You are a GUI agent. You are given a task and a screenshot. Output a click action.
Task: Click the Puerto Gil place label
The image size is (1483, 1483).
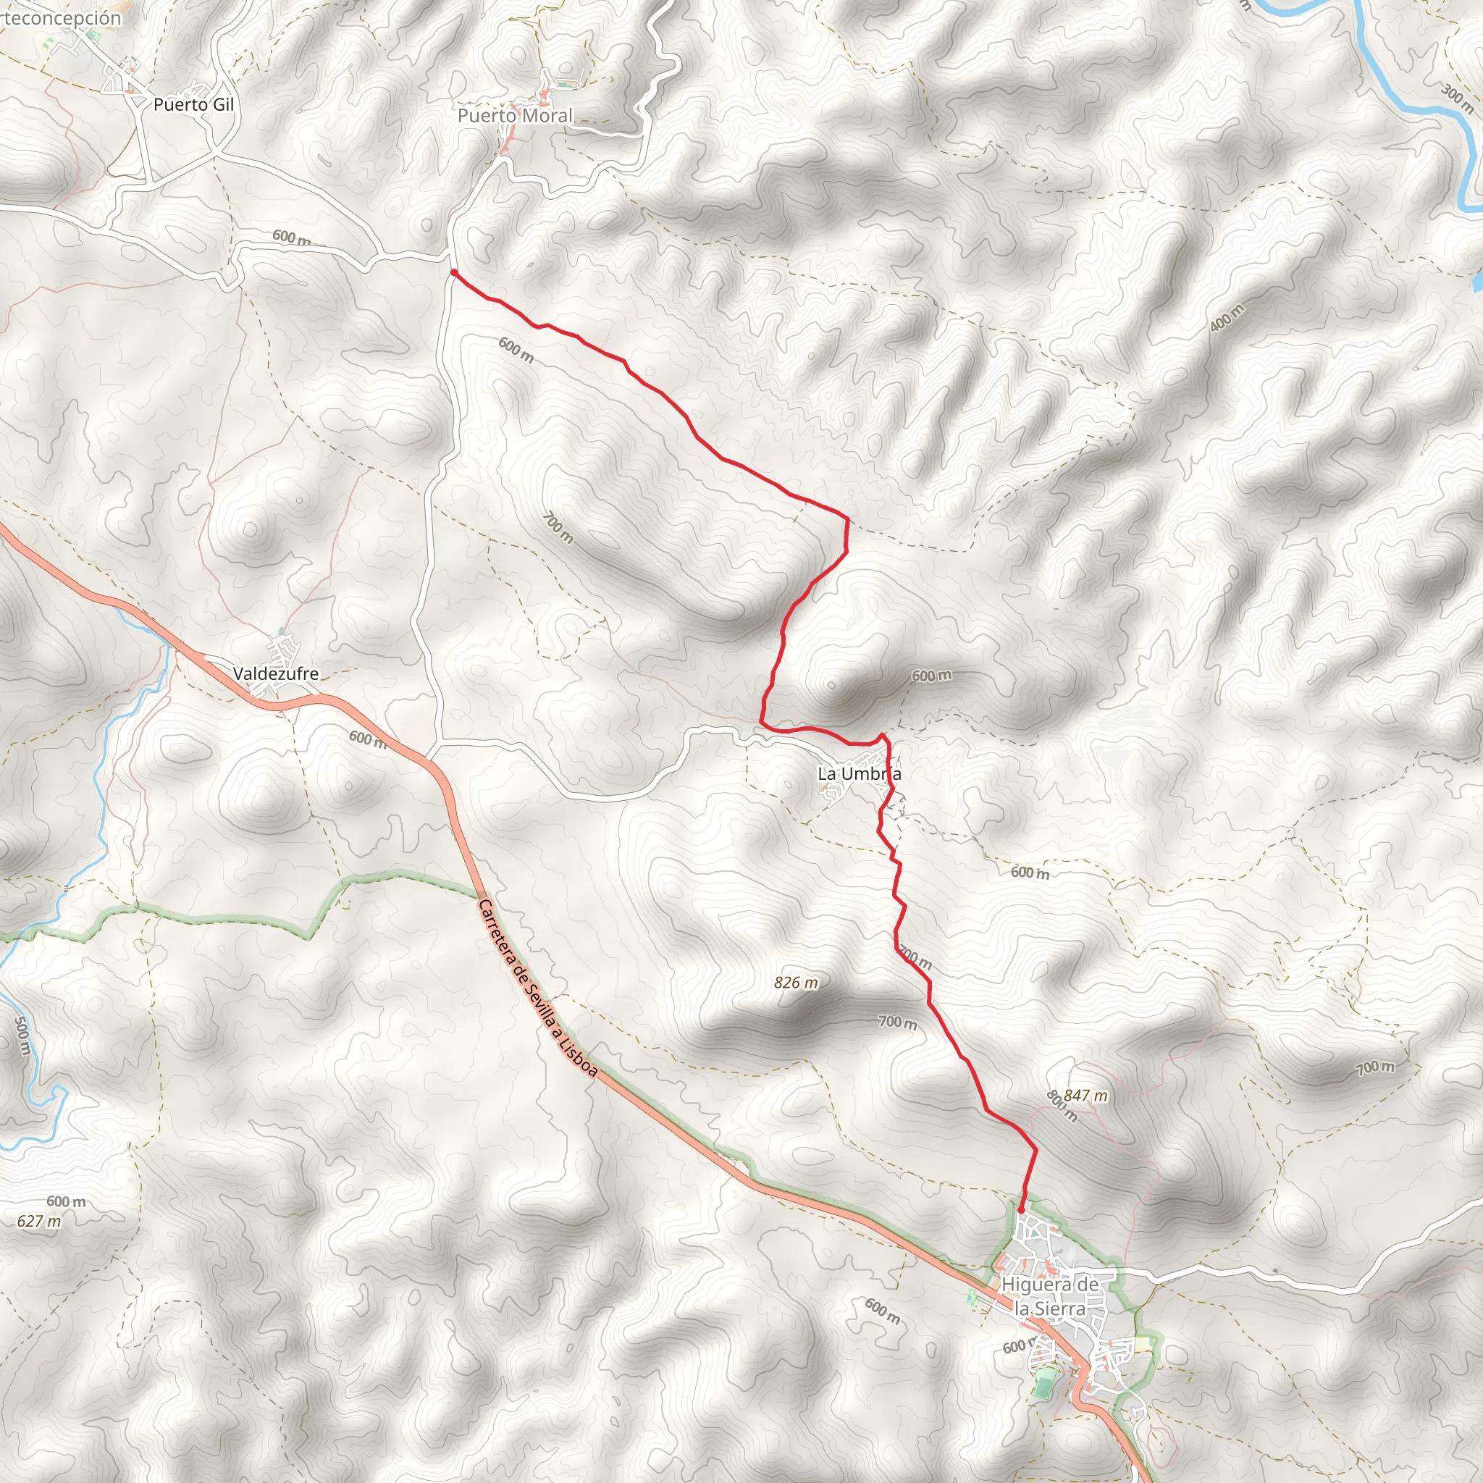tap(193, 104)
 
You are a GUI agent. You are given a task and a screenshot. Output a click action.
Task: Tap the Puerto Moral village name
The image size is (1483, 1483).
tap(515, 116)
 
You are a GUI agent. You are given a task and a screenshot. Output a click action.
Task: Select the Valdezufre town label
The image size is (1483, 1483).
tap(276, 673)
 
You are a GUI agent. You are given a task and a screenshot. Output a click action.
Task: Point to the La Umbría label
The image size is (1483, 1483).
tap(859, 774)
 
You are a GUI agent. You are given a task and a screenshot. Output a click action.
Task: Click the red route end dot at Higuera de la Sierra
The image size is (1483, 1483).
tap(1021, 1210)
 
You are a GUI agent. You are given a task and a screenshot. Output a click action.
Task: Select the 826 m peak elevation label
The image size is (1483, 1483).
tap(796, 983)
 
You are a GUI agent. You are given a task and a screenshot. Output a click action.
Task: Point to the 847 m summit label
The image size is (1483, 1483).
tap(1085, 1096)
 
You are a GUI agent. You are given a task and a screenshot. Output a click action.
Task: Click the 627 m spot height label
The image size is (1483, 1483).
tap(39, 1220)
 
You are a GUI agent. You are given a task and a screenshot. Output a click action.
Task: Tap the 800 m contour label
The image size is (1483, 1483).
tap(1062, 1106)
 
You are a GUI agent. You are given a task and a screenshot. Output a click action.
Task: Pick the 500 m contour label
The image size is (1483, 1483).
tap(22, 1036)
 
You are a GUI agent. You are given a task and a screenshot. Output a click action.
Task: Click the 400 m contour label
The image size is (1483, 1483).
tap(1226, 318)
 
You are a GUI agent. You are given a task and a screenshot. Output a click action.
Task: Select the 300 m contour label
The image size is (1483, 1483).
tap(1456, 98)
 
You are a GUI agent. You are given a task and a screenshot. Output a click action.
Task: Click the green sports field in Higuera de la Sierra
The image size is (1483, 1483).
tap(1043, 1384)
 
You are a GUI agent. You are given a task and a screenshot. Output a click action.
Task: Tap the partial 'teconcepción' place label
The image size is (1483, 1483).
tap(61, 17)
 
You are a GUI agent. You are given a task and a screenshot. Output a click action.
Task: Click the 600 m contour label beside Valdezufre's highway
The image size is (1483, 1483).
tap(368, 739)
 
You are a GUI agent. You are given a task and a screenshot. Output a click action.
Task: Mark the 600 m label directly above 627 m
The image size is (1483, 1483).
tap(66, 1201)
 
